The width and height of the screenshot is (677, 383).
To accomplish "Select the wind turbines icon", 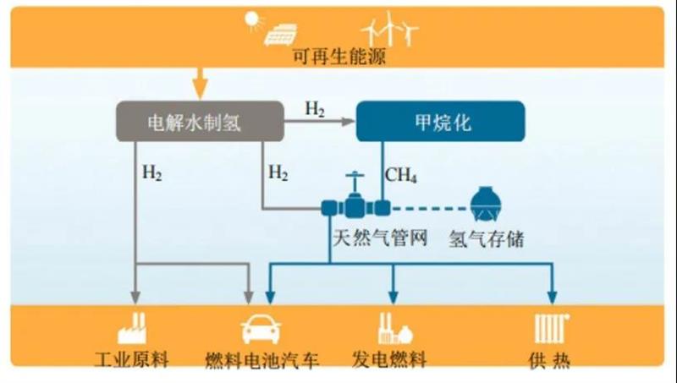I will coord(389,29).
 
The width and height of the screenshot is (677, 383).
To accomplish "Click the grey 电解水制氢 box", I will coord(199,122).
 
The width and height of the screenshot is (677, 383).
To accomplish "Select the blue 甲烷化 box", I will coord(440,122).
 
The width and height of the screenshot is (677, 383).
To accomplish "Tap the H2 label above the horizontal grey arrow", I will coord(315,109).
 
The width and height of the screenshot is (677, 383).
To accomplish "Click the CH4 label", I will coord(400,174).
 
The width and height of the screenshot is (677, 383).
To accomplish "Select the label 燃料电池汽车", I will coord(262,361).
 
